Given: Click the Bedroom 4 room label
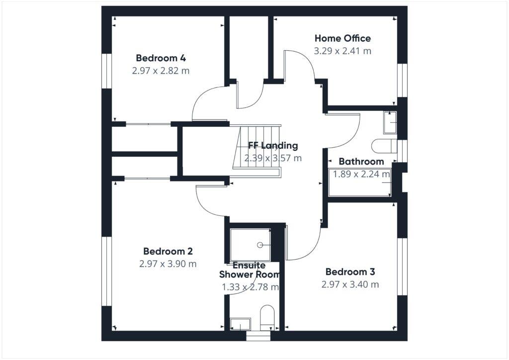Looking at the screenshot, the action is (161, 58).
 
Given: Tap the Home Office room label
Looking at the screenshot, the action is (342, 38).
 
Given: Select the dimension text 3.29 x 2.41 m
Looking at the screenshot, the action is (342, 51).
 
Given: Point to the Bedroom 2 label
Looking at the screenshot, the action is (168, 251).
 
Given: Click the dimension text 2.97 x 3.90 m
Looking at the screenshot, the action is (168, 264).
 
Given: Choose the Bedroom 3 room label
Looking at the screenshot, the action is (350, 271).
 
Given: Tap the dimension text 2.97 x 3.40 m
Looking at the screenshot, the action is (350, 284).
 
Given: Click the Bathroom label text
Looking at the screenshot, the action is (361, 161).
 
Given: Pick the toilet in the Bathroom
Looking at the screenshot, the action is (384, 146).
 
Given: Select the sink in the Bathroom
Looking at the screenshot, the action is (390, 123).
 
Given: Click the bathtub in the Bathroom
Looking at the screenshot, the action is (360, 182).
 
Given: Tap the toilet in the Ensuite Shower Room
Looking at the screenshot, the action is (267, 315).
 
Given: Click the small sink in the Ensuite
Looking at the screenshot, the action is (240, 324).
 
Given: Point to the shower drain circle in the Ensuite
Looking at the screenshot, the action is (259, 245).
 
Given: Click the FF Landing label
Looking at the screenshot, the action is (273, 145).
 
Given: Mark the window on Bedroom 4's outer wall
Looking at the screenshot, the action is (106, 71).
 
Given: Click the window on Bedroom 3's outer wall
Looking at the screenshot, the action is (403, 267).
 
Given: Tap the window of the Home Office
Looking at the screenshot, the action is (403, 80).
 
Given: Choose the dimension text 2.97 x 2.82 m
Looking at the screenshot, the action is (161, 71).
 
